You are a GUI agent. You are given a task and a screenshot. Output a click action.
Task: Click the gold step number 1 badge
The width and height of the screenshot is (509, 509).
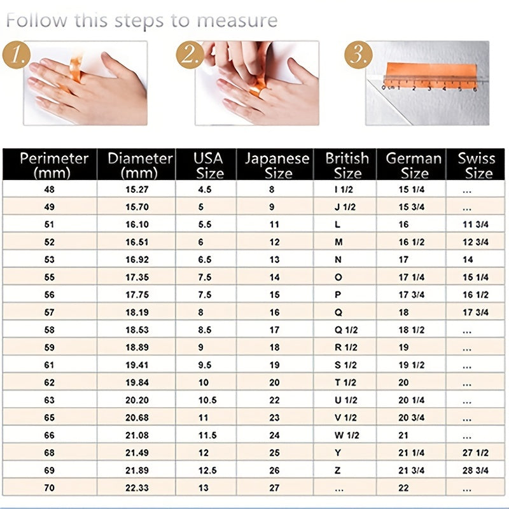(x=17, y=55)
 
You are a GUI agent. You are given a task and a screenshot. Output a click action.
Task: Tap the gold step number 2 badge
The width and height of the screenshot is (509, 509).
(x=190, y=55)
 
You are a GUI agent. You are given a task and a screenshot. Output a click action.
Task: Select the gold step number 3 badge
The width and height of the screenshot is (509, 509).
(x=358, y=55)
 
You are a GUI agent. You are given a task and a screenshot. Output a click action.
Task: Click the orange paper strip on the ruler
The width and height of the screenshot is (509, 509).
(x=431, y=75)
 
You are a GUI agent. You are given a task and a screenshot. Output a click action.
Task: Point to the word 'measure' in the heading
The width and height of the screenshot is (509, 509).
(x=237, y=20)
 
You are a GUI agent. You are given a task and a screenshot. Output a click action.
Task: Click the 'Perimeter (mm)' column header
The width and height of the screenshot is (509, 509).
(x=53, y=165)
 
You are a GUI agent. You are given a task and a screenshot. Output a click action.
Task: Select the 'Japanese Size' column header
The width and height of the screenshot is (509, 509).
(x=277, y=165)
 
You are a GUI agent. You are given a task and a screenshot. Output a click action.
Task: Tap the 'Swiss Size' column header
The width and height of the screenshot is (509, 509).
(x=477, y=165)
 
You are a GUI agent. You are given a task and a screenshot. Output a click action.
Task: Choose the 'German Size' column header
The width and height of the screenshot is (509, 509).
(x=414, y=165)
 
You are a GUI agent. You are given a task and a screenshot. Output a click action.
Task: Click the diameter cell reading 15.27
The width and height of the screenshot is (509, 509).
(x=137, y=189)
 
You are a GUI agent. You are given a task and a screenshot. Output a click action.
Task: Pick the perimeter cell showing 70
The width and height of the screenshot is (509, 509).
(x=50, y=487)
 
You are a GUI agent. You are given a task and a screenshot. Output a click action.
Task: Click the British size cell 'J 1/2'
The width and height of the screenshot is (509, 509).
(x=345, y=207)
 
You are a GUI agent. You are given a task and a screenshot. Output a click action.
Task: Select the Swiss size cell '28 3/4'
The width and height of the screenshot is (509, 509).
(x=475, y=470)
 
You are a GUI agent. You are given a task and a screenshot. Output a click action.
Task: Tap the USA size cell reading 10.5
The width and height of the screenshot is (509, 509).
(x=207, y=400)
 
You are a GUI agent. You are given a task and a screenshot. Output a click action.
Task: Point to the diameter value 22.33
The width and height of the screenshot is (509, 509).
(x=137, y=487)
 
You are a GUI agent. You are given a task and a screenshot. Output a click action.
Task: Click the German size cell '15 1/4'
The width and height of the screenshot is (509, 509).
(x=412, y=189)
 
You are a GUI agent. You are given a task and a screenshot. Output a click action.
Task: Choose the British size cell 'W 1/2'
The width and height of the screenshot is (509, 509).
(x=347, y=435)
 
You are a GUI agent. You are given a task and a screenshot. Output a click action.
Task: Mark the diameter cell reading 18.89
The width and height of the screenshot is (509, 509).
(x=137, y=347)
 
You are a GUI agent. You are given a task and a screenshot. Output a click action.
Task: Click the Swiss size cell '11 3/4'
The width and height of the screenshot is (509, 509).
(x=475, y=225)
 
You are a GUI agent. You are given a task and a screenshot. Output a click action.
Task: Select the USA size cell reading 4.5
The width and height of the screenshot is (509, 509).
(x=205, y=189)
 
